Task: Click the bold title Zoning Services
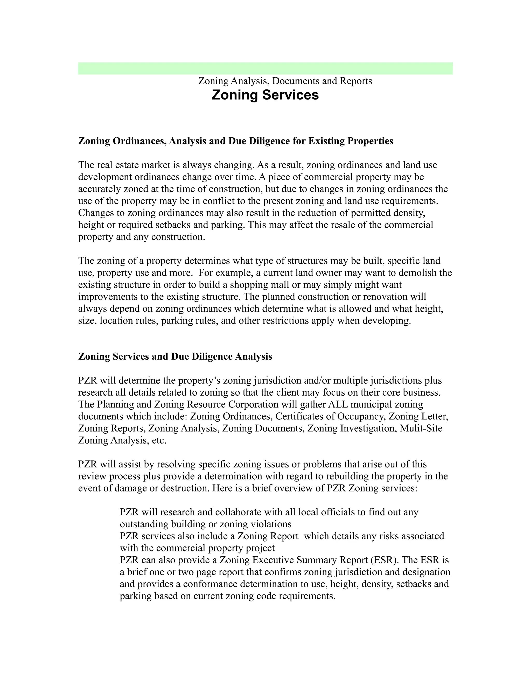pyautogui.click(x=265, y=95)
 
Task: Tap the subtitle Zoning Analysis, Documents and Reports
pyautogui.click(x=285, y=81)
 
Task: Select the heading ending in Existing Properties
pyautogui.click(x=236, y=141)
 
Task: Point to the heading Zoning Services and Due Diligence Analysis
pyautogui.click(x=175, y=356)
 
